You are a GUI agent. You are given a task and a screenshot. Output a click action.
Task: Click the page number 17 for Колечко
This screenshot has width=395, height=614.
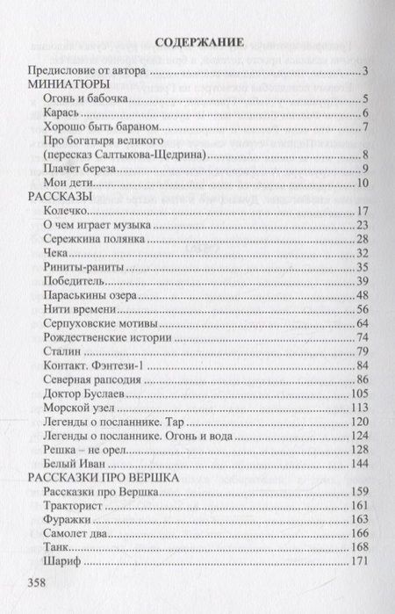click(360, 211)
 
